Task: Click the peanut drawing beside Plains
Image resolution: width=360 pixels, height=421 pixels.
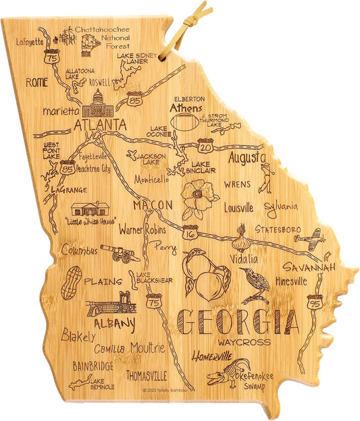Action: [x=71, y=282]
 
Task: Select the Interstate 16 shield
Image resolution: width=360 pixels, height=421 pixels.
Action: [x=190, y=233]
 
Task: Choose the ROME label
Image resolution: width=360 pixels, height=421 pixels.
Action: [x=38, y=82]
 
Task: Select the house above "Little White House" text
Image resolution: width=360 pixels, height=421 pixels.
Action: [x=91, y=208]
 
